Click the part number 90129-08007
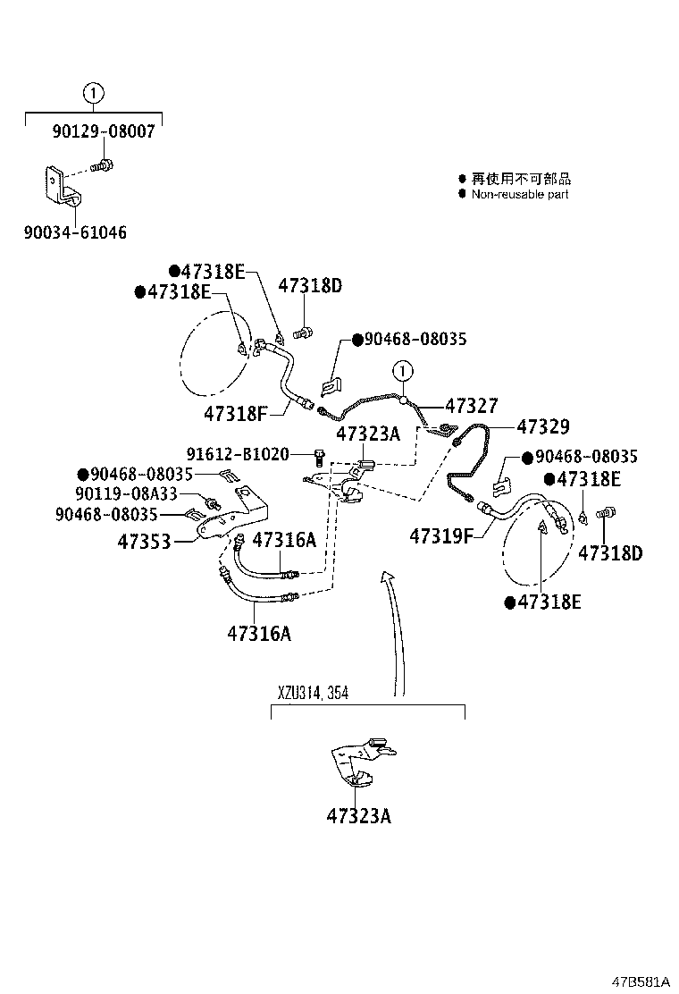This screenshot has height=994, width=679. (x=103, y=131)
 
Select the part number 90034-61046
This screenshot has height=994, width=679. (x=75, y=232)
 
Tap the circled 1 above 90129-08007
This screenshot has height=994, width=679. (x=93, y=92)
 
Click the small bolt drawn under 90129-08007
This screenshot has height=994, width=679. (x=104, y=165)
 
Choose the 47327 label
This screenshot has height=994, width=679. (x=471, y=406)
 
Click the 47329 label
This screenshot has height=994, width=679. (x=542, y=427)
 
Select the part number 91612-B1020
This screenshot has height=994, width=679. (x=238, y=455)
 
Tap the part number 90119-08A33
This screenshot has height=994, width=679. (x=126, y=493)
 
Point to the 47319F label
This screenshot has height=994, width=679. (x=440, y=536)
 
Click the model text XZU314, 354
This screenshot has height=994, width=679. (x=312, y=693)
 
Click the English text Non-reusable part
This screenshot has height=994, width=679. (x=520, y=194)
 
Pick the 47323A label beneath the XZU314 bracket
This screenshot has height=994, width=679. (x=358, y=815)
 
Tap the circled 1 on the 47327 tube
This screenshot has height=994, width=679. (x=402, y=370)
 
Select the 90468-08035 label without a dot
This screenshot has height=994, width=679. (x=105, y=514)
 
